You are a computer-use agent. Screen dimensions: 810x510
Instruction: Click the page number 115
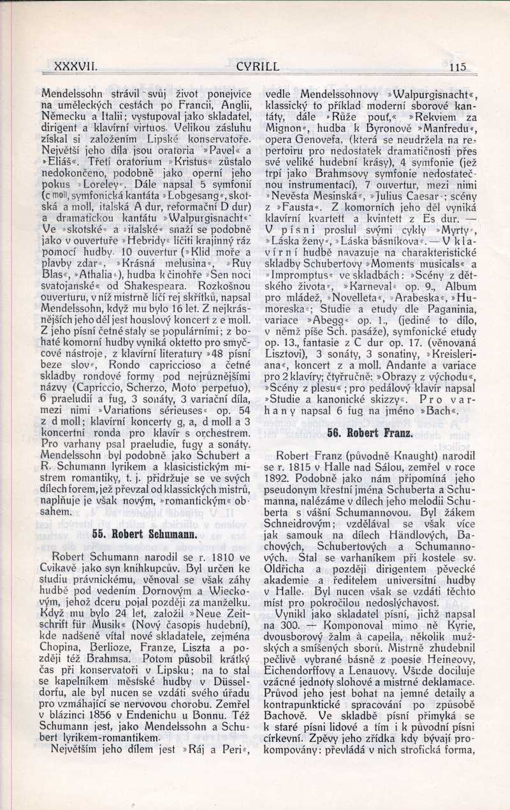click(x=458, y=66)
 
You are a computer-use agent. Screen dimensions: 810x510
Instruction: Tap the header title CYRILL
click(x=258, y=66)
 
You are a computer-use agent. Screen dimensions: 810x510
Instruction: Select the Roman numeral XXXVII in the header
click(x=75, y=66)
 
